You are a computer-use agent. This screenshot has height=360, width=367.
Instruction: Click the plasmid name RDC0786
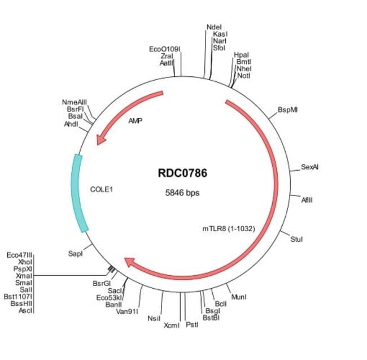tap(182, 174)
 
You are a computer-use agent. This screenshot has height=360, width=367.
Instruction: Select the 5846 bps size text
tap(182, 192)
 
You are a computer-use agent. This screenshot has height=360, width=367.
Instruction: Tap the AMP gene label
tap(136, 121)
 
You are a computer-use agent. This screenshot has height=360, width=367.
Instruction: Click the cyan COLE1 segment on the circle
tap(77, 192)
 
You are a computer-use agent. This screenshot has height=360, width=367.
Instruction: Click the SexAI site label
tap(310, 167)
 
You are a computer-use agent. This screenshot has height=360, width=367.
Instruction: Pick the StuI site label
tap(296, 240)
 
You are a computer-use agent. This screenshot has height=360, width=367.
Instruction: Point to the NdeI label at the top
tap(214, 27)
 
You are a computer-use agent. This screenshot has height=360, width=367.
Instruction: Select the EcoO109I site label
tap(164, 49)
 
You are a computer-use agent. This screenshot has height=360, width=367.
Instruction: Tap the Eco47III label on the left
tap(20, 255)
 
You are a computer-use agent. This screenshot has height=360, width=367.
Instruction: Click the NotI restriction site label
tap(243, 75)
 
